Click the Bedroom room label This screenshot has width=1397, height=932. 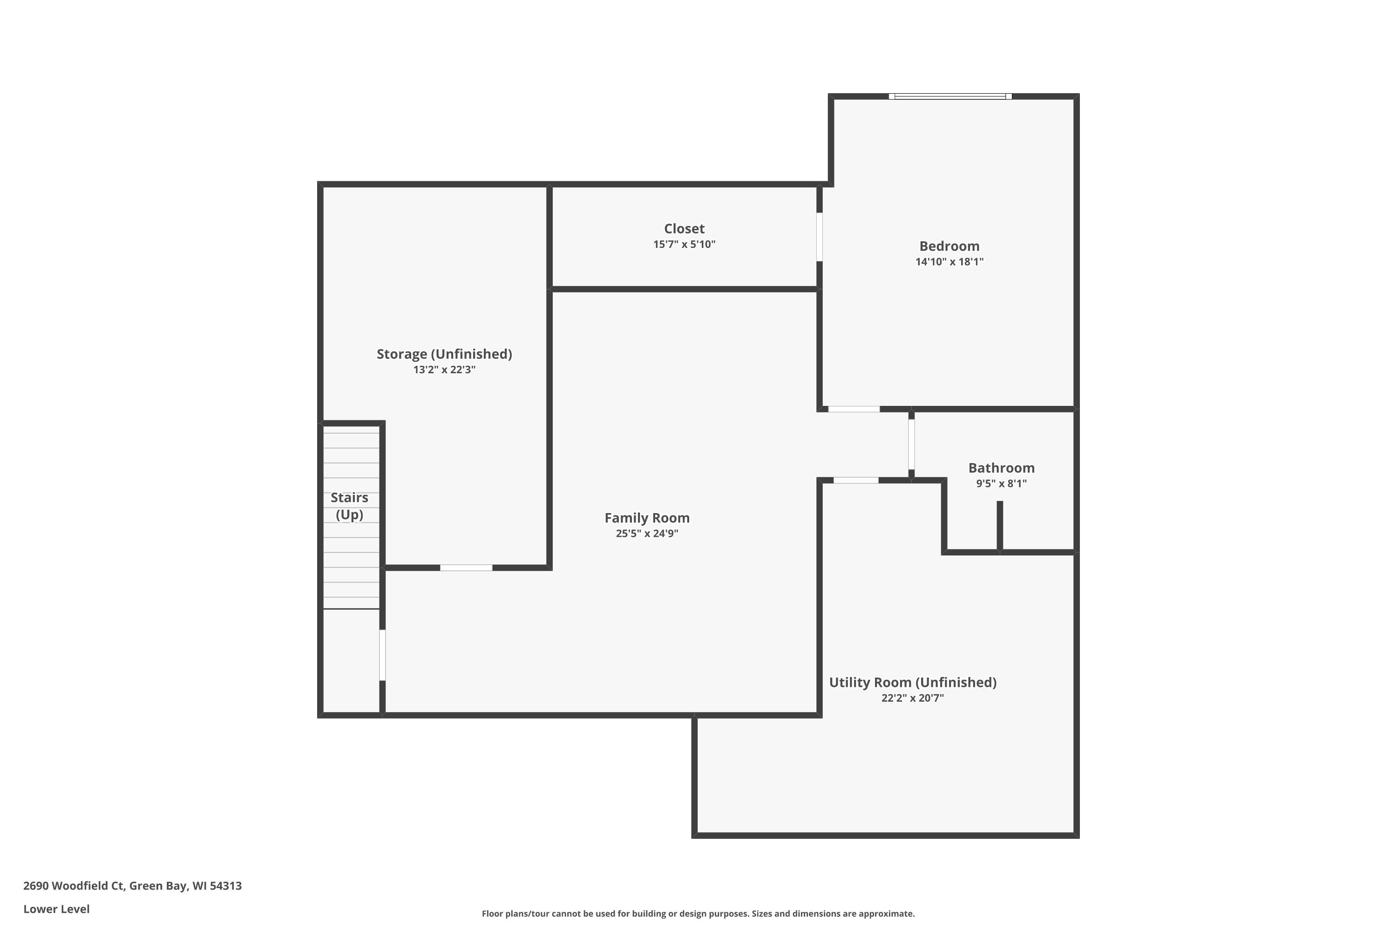tap(949, 246)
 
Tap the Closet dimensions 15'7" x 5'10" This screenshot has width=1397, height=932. tap(684, 244)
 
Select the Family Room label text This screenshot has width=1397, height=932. tap(647, 518)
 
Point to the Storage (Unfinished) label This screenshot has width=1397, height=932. tap(444, 354)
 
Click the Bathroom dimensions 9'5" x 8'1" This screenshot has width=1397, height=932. tap(1002, 483)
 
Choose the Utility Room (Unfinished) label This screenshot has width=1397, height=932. tap(913, 682)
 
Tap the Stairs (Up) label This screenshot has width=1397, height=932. tap(349, 506)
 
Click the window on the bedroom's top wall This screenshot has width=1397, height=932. tap(950, 96)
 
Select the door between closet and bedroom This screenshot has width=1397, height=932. tap(820, 237)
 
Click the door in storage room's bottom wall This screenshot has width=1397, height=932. tap(466, 568)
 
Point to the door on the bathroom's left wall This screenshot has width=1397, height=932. tap(911, 445)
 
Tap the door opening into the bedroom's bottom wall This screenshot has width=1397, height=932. tap(854, 409)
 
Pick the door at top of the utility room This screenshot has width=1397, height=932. tap(856, 480)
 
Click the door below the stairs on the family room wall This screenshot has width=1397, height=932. tap(382, 655)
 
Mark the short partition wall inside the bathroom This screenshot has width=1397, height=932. tap(1000, 527)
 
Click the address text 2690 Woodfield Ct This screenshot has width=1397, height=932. tap(74, 886)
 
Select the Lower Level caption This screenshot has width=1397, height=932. tap(56, 909)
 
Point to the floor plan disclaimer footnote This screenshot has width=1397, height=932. tap(698, 913)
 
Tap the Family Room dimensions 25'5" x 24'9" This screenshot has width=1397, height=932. tap(647, 533)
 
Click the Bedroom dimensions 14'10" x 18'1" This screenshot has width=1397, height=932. tap(949, 261)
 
